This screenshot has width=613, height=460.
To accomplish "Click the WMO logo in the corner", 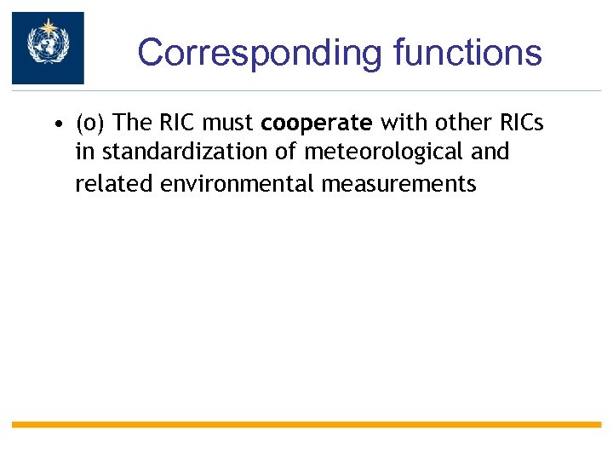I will (x=48, y=48).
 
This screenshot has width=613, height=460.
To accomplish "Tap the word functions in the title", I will (x=467, y=52).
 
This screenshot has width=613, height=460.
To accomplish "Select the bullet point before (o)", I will (x=54, y=124).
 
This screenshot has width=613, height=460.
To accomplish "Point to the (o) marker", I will (x=90, y=124).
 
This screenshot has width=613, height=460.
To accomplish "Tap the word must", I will (x=228, y=124).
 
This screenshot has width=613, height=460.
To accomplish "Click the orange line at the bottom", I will (x=306, y=424).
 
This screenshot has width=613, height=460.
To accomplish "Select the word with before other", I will (x=399, y=124).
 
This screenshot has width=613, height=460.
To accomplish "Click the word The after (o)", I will (x=131, y=124).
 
